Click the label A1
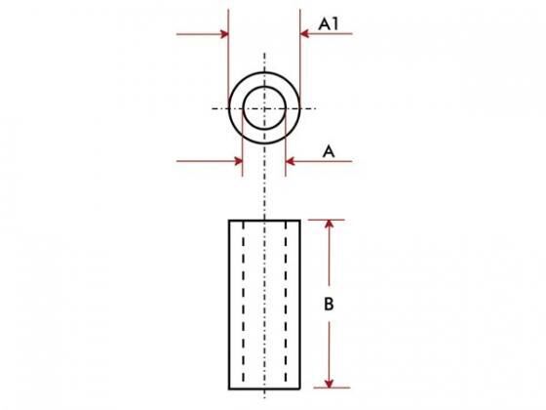click(329, 24)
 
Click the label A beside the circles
click(329, 151)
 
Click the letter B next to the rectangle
click(329, 304)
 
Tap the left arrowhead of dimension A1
click(224, 34)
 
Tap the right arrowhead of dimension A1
click(304, 33)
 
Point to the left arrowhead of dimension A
click(239, 161)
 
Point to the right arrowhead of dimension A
click(290, 161)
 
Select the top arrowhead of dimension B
click(330, 225)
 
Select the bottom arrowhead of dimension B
click(330, 383)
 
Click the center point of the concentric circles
click(264, 108)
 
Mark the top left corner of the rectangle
click(229, 221)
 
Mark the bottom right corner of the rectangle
click(300, 389)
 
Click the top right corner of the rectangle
click(300, 221)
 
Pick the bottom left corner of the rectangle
click(229, 389)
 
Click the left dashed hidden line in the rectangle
click(243, 305)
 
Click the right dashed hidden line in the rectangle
click(286, 305)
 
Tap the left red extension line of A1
click(228, 59)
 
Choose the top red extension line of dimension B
click(327, 220)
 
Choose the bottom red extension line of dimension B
click(331, 388)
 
